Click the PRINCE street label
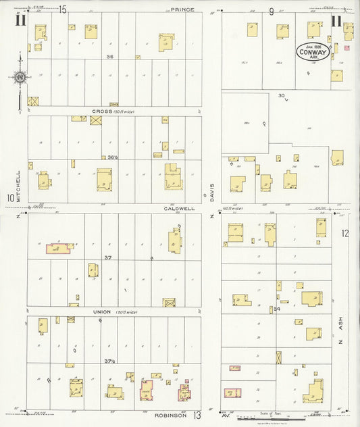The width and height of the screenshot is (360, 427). tap(182, 9)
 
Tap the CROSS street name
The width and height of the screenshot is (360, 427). tap(107, 111)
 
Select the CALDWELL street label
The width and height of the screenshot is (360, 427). tap(178, 209)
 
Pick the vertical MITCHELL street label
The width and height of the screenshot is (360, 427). tap(19, 181)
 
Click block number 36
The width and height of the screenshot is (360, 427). tap(109, 57)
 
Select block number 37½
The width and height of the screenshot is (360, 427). tap(109, 361)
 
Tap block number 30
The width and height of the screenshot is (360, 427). tap(282, 96)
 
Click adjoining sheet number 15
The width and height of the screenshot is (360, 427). tap(62, 9)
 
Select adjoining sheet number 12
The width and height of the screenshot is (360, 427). tap(346, 234)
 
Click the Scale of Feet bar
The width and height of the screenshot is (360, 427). tap(270, 418)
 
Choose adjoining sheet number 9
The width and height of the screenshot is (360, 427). tap(271, 11)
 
